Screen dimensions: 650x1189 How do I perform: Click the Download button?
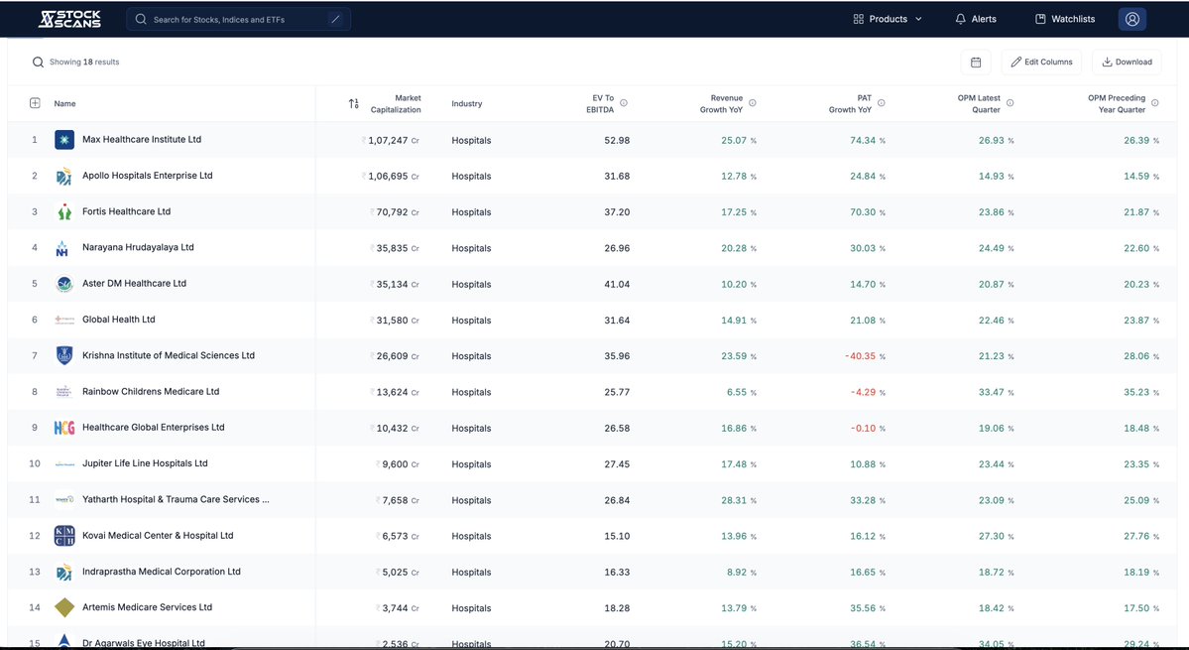point(1127,62)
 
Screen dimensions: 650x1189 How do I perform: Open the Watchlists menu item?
point(1064,19)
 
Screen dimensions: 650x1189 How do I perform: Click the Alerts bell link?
point(976,19)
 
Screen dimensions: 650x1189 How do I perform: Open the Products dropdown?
point(888,19)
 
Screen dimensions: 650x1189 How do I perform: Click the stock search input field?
point(238,19)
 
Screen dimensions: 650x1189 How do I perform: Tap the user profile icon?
point(1131,19)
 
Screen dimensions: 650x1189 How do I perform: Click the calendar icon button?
point(976,62)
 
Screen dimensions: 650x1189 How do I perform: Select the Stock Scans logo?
point(69,19)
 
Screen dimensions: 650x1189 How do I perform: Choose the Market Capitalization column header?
point(395,103)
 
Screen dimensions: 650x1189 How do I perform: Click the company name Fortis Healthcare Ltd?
point(126,211)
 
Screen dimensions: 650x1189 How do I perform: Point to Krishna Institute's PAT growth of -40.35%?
point(859,356)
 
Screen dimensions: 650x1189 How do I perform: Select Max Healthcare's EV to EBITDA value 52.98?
point(616,141)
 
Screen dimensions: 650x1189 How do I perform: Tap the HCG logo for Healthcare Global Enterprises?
point(64,428)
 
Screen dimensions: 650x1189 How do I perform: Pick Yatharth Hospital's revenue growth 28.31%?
point(738,500)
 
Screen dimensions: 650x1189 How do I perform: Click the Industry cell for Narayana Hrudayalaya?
point(471,248)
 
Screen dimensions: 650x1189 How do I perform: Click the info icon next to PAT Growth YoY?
point(882,103)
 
